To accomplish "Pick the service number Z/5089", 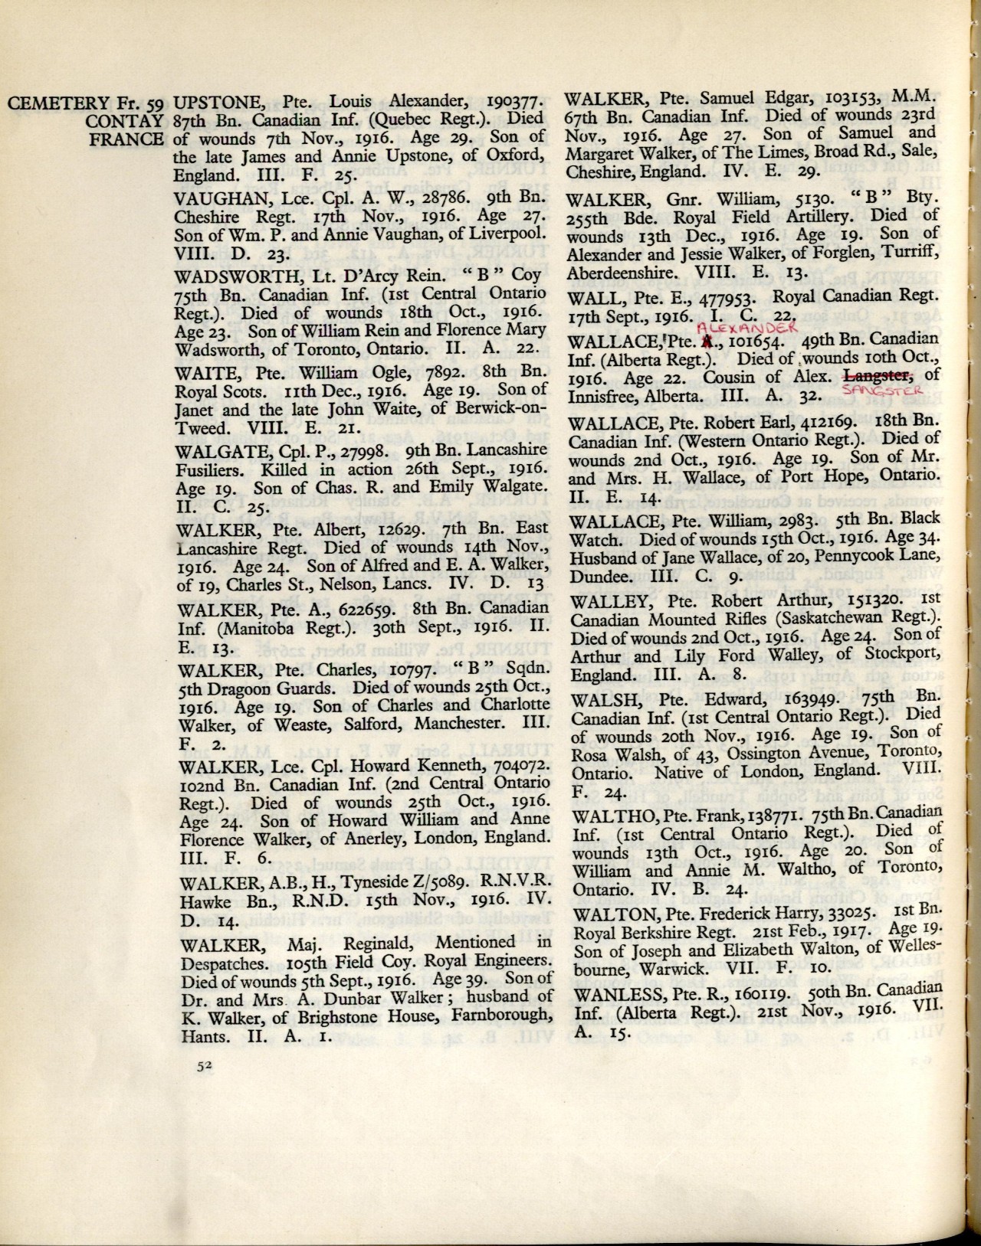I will (x=430, y=881).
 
